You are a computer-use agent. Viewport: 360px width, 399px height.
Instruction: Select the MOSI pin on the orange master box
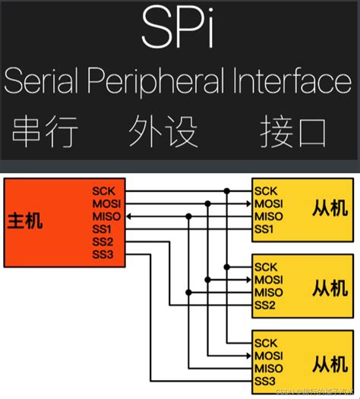pyautogui.click(x=106, y=203)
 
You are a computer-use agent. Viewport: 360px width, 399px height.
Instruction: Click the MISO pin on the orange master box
pyautogui.click(x=106, y=216)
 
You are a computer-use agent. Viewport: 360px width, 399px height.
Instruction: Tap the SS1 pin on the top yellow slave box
pyautogui.click(x=265, y=228)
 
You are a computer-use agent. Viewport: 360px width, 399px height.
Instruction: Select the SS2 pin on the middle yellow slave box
pyautogui.click(x=265, y=305)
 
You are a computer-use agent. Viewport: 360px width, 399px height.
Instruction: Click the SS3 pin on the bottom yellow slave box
pyautogui.click(x=265, y=381)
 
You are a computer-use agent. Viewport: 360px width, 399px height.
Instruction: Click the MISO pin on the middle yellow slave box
pyautogui.click(x=269, y=292)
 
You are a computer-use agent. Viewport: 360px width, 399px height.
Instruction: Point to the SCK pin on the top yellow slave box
pyautogui.click(x=266, y=191)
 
